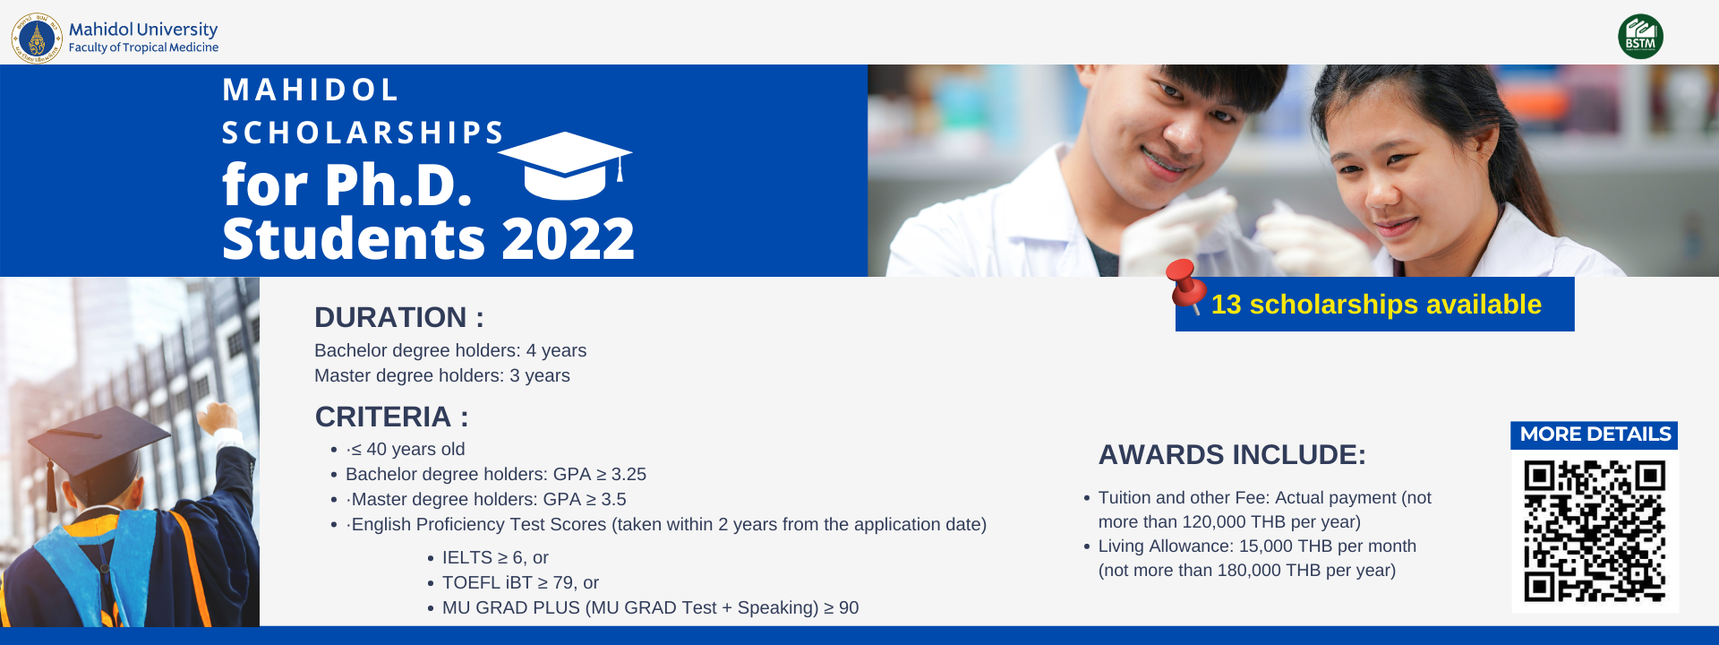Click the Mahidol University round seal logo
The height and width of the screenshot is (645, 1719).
click(x=37, y=39)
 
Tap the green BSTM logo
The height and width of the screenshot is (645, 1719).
click(x=1640, y=37)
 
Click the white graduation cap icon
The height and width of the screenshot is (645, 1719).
click(x=565, y=167)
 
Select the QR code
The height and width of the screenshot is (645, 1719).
click(x=1595, y=531)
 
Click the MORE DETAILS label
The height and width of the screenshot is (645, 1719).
click(x=1595, y=434)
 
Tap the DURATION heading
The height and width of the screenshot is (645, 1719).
click(x=399, y=317)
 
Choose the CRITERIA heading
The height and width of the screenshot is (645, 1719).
click(x=391, y=417)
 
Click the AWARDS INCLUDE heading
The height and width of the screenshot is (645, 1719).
click(x=1232, y=455)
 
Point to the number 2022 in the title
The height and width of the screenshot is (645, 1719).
click(x=568, y=239)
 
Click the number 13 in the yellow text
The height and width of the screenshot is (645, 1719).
click(x=1226, y=305)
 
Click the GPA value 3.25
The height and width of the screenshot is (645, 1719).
click(x=629, y=474)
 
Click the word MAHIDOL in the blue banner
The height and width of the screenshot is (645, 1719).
click(x=310, y=90)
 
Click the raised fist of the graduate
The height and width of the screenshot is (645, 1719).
click(x=218, y=417)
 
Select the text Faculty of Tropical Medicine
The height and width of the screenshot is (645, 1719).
click(x=143, y=47)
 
